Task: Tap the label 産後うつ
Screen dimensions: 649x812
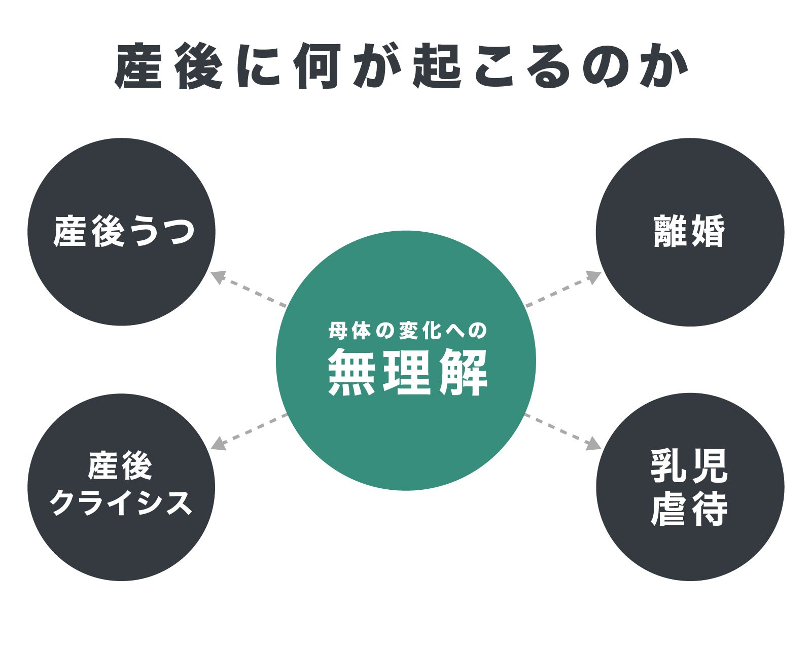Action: pyautogui.click(x=124, y=232)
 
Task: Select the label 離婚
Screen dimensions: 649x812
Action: pyautogui.click(x=689, y=232)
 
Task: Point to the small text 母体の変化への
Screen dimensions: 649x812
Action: pyautogui.click(x=407, y=331)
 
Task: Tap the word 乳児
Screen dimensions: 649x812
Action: pyautogui.click(x=689, y=466)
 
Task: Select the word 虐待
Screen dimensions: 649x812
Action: pyautogui.click(x=689, y=509)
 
